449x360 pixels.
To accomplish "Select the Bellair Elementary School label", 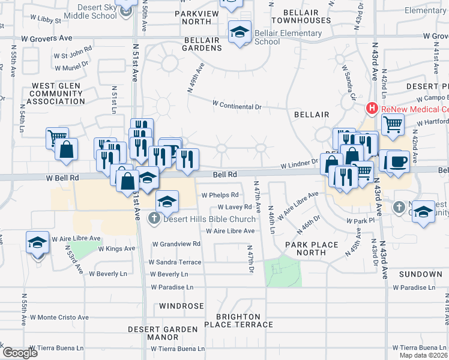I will click(268, 37).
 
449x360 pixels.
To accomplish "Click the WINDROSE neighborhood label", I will click(182, 306).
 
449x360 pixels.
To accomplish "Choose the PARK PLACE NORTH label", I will click(312, 248).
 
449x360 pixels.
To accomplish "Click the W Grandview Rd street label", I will click(176, 244).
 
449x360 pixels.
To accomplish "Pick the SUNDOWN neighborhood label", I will click(421, 274).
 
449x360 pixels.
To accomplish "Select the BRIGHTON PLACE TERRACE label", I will click(238, 320).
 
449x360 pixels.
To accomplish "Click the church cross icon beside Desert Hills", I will click(154, 218).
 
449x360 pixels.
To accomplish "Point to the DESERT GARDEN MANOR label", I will click(163, 333).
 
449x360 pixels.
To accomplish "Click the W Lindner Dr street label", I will click(298, 162).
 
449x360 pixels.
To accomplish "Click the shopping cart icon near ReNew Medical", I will click(393, 125).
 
